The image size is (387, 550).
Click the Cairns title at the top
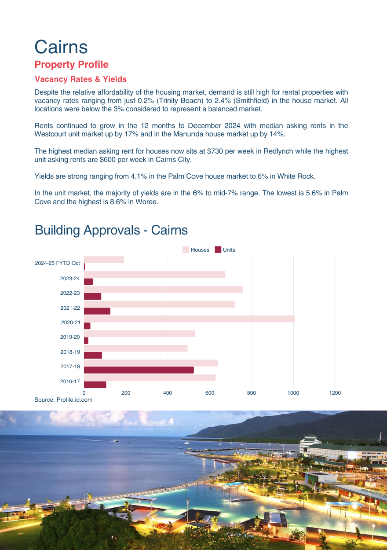coord(61,47)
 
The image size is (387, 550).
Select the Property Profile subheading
coord(71,65)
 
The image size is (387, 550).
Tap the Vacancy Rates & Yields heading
coord(80,79)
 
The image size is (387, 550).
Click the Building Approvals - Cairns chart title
coord(111,230)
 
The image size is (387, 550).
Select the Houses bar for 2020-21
coord(189,319)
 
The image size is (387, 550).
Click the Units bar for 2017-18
coord(139,370)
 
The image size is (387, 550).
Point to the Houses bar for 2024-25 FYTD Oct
coord(104,260)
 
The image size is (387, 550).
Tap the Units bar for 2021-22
coord(97,311)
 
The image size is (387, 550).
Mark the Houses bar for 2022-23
coord(163,290)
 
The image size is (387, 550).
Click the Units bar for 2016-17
coord(95,385)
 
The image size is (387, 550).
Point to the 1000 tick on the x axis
coord(293,393)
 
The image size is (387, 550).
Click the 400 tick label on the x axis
coord(168,393)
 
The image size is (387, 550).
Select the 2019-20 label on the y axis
coord(70,337)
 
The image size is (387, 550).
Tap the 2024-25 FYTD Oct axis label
coord(58,263)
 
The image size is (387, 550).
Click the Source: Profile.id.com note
coord(63,400)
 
